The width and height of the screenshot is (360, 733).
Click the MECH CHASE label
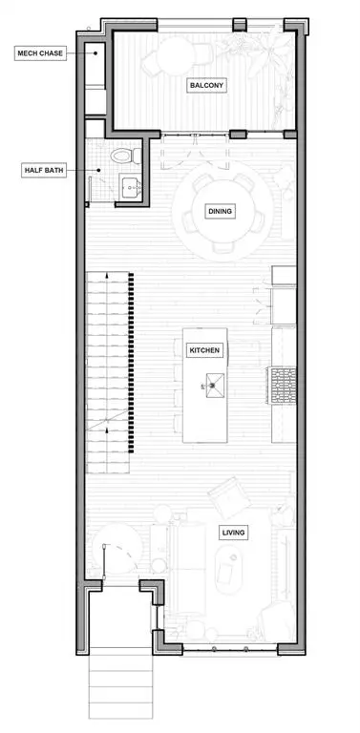click(x=39, y=53)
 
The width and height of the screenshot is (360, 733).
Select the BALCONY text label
click(x=207, y=85)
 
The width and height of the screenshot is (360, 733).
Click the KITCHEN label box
click(x=205, y=350)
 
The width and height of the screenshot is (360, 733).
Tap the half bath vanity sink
click(x=130, y=187)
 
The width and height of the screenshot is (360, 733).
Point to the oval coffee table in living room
click(x=229, y=569)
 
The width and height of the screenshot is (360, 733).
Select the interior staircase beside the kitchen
click(x=107, y=372)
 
